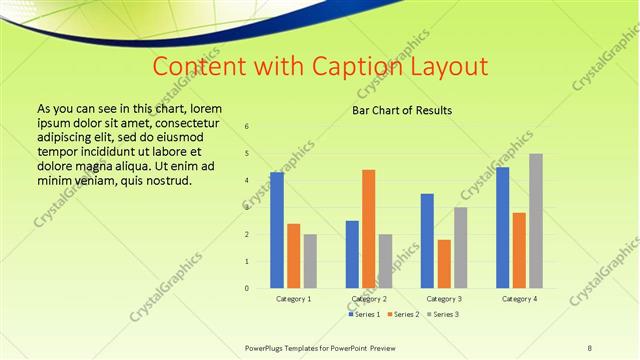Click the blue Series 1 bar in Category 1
pyautogui.click(x=277, y=230)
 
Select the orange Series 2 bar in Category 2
pyautogui.click(x=369, y=229)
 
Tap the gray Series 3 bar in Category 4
pyautogui.click(x=536, y=221)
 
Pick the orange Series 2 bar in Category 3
pyautogui.click(x=444, y=264)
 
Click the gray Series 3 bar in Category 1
pyautogui.click(x=310, y=261)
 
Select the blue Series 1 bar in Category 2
pyautogui.click(x=352, y=254)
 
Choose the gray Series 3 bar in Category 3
pyautogui.click(x=461, y=248)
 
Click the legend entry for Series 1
pyautogui.click(x=365, y=314)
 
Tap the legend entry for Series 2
pyautogui.click(x=403, y=314)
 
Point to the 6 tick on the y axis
pyautogui.click(x=247, y=126)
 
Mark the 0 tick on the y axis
pyautogui.click(x=247, y=288)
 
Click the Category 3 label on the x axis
pyautogui.click(x=444, y=299)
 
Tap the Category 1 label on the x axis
pyautogui.click(x=293, y=299)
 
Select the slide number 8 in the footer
pyautogui.click(x=589, y=347)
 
